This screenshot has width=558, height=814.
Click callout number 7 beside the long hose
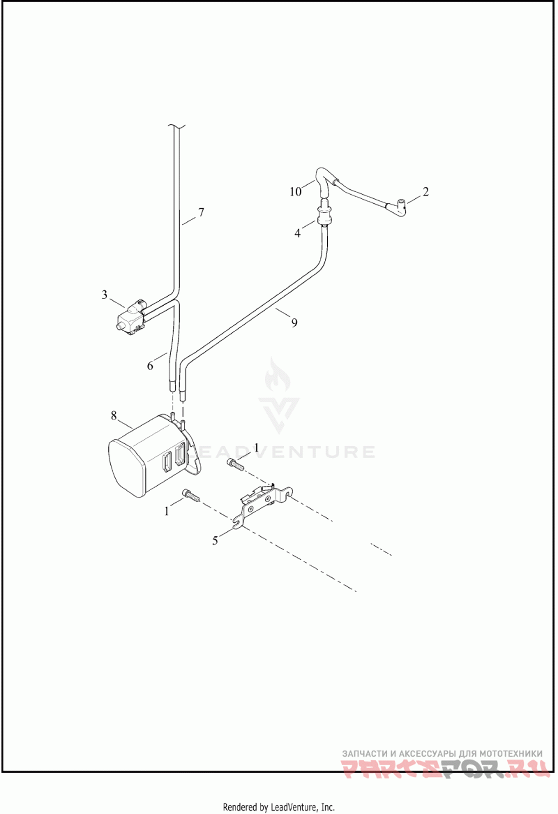coord(201,212)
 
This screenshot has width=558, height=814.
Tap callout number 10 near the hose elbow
coord(295,190)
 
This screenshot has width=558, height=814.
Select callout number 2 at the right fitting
coord(425,191)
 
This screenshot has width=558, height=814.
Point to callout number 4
coord(298,233)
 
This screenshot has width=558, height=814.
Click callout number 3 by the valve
coord(105,295)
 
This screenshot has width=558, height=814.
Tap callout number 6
coord(150,365)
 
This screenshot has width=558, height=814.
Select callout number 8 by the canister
coord(114,415)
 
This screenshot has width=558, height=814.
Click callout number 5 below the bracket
coord(216,540)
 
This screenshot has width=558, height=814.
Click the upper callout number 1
coord(256,446)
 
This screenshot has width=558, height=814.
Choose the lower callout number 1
coord(167,511)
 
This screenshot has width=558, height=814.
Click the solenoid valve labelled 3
coord(133,316)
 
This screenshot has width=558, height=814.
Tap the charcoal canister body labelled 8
coord(143,457)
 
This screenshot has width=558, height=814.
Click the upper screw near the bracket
coord(236,462)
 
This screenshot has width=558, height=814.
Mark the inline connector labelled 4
coord(324,214)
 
